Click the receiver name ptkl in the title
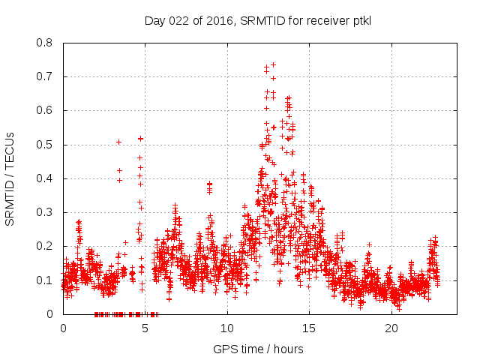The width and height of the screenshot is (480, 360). tap(359, 20)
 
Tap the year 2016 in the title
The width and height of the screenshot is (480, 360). tap(220, 20)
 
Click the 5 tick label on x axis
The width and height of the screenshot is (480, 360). tap(145, 328)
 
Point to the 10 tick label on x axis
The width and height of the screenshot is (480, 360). tap(227, 328)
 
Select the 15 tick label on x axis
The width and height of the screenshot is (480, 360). tap(310, 328)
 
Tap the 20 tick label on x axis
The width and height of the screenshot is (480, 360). tap(392, 328)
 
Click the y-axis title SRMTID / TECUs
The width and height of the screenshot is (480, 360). tap(10, 178)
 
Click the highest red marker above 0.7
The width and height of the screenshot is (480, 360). tap(273, 64)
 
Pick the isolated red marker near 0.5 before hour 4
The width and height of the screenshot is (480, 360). tap(118, 142)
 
